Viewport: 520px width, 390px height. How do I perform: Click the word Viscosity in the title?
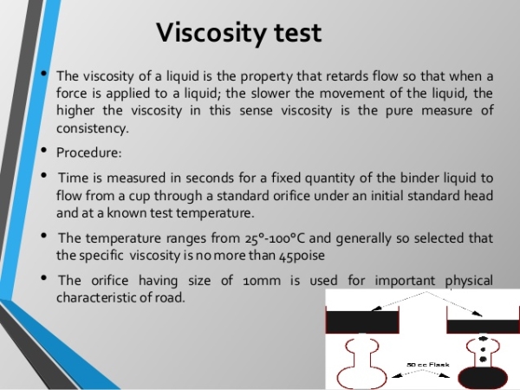pyautogui.click(x=211, y=33)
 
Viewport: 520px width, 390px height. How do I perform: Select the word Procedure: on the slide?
pyautogui.click(x=89, y=153)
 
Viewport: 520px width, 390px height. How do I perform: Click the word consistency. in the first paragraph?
pyautogui.click(x=92, y=128)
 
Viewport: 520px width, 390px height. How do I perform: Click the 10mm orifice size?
pyautogui.click(x=262, y=281)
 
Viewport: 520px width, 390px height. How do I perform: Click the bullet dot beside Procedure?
pyautogui.click(x=44, y=150)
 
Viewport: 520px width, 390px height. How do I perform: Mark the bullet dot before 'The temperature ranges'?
pyautogui.click(x=44, y=236)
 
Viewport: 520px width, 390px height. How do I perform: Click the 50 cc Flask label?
pyautogui.click(x=428, y=365)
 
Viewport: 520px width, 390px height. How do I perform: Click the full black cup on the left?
pyautogui.click(x=362, y=322)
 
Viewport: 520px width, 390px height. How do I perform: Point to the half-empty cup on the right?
pyautogui.click(x=484, y=327)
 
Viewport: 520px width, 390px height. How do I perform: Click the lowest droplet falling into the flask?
pyautogui.click(x=484, y=359)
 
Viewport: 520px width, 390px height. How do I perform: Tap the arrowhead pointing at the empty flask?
pyautogui.click(x=397, y=376)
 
